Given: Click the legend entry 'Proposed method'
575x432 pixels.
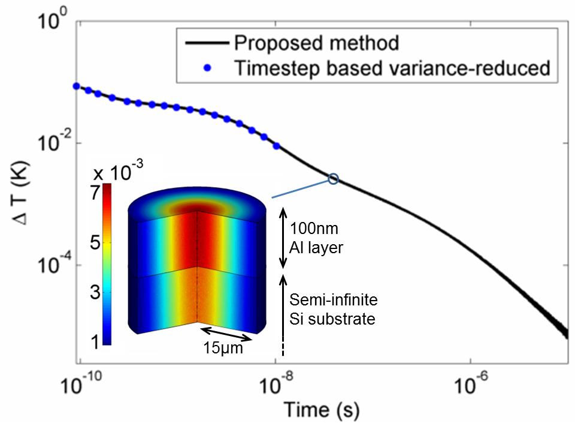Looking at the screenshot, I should pos(316,44).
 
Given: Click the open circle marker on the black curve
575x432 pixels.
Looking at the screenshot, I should pos(334,179).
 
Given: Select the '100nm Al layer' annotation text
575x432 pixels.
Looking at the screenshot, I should pos(317,238).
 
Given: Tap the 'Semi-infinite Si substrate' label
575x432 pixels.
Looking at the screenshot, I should pos(332,310).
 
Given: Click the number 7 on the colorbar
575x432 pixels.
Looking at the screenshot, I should pos(94,193).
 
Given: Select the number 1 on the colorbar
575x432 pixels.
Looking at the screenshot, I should pos(94,341).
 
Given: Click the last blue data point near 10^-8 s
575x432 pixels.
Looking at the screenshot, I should pos(276,146).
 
